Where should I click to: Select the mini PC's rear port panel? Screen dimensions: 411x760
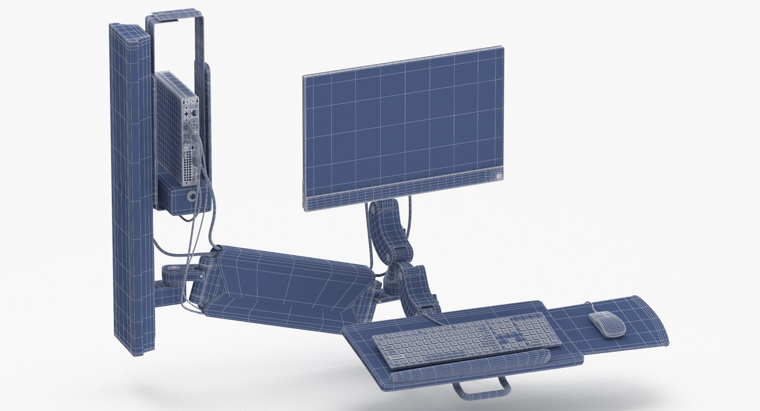coord(190,131)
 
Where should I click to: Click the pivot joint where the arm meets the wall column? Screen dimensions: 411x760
coord(174,273)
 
